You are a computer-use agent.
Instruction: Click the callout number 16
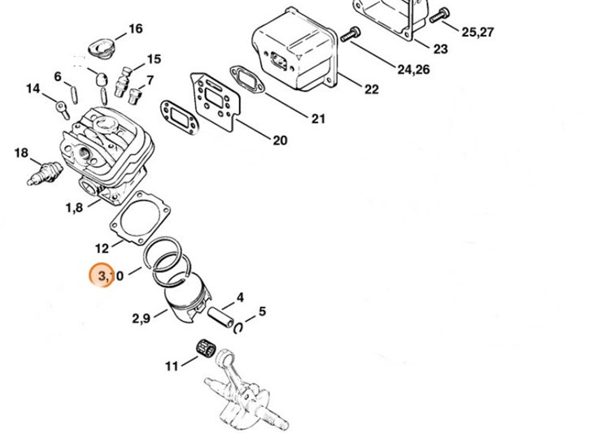coord(135,29)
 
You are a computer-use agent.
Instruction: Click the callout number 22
coord(371,89)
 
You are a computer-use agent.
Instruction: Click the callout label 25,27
coord(478,32)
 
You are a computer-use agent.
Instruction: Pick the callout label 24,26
coord(414,69)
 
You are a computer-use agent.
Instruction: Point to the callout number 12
coord(102,248)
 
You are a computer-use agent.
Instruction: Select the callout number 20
coord(279,141)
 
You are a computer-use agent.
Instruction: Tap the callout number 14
coord(33,88)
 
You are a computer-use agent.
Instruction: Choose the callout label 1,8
coord(74,207)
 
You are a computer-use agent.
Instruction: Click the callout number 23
coord(440,49)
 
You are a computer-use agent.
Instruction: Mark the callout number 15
coord(153,59)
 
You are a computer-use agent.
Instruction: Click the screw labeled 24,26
coord(352,33)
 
